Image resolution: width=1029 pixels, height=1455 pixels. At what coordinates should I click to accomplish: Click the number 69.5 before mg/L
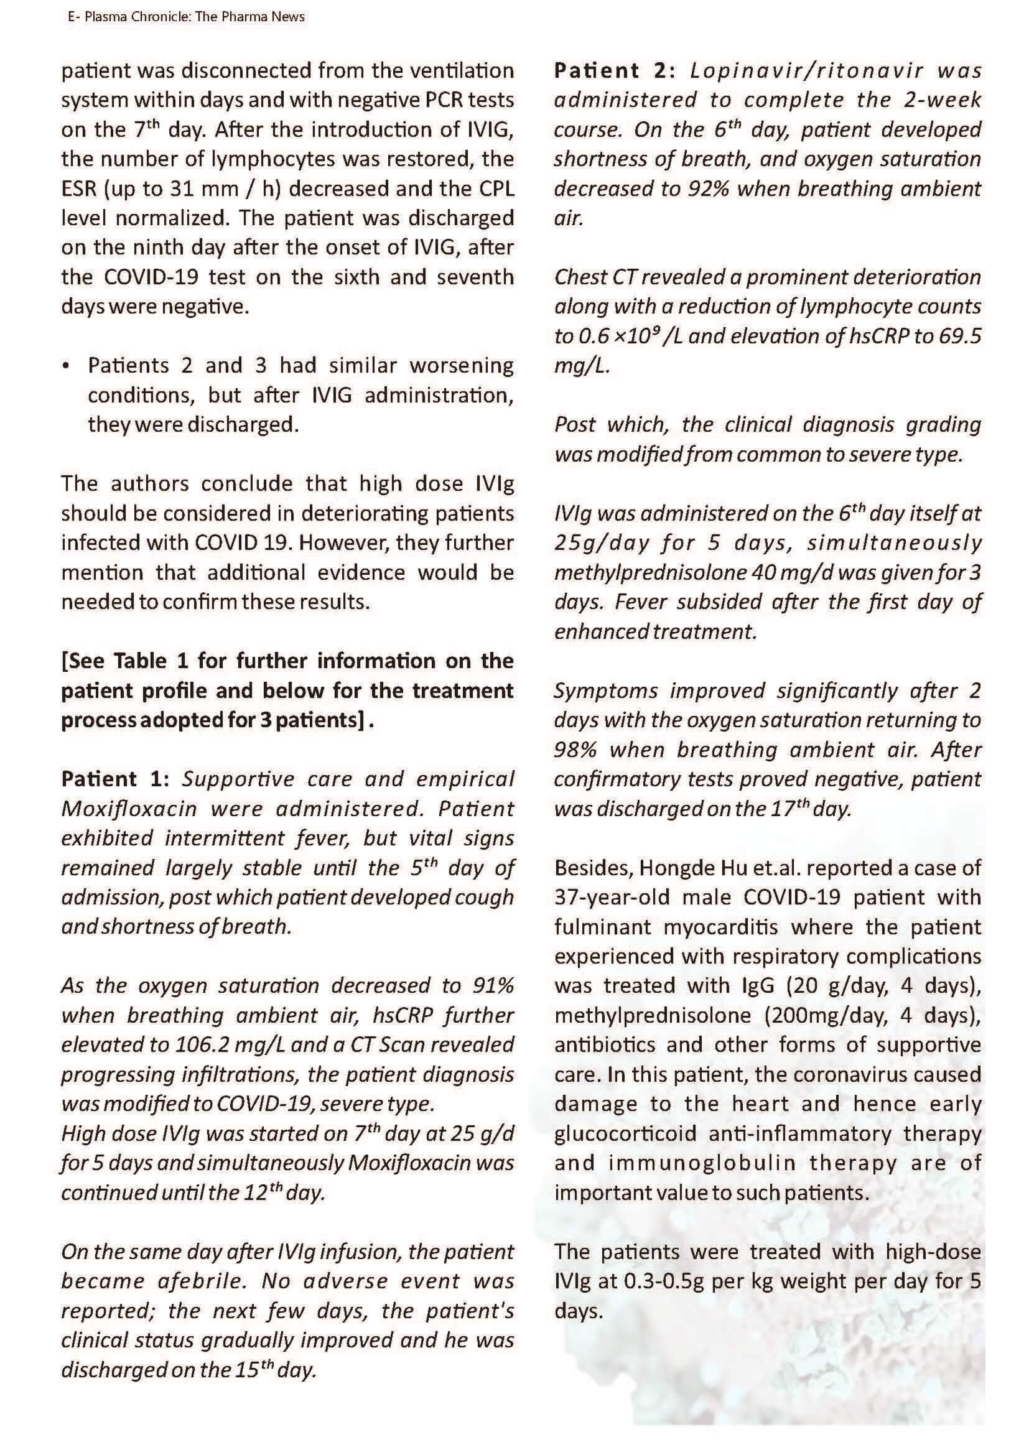[959, 336]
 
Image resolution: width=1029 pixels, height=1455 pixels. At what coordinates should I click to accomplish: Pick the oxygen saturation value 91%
[493, 985]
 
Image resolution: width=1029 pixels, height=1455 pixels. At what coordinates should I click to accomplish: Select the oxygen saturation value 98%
[575, 750]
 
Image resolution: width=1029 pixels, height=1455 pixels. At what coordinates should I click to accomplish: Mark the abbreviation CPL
[495, 188]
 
